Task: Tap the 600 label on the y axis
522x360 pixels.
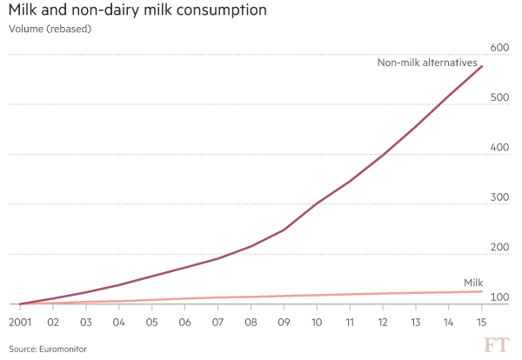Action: point(499,47)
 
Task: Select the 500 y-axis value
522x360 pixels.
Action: point(499,97)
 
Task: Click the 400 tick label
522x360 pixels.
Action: point(499,147)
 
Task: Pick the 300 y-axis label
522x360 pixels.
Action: point(499,197)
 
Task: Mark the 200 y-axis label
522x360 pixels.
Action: point(499,248)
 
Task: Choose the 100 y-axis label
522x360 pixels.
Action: point(499,297)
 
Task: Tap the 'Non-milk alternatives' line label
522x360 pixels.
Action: point(427,63)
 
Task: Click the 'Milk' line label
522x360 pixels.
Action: point(472,283)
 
